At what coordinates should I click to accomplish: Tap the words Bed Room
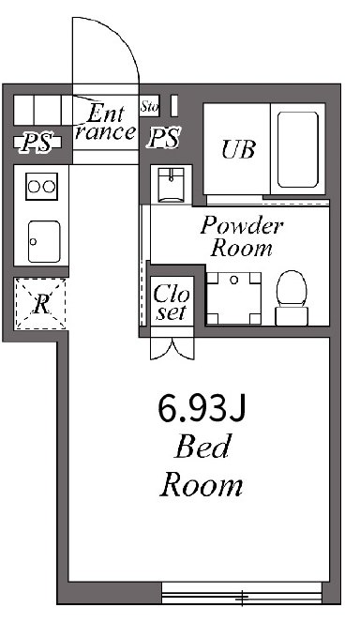click(x=202, y=465)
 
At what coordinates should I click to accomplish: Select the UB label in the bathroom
click(x=238, y=149)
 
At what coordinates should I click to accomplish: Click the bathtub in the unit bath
click(x=298, y=149)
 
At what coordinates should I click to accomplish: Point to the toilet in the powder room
click(x=292, y=297)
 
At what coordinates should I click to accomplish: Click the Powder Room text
click(x=242, y=236)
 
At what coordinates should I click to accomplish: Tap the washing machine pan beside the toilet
click(x=233, y=298)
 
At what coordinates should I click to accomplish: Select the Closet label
click(x=171, y=302)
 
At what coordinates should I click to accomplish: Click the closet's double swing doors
click(x=172, y=348)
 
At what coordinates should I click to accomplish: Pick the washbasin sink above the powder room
click(x=172, y=185)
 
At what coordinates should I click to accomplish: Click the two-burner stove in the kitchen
click(x=41, y=187)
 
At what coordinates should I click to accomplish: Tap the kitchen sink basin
click(x=44, y=242)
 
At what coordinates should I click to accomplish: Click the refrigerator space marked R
click(x=40, y=304)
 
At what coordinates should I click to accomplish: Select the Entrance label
click(x=105, y=122)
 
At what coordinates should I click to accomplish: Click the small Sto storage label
click(x=149, y=106)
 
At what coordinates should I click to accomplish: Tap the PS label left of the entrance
click(x=37, y=143)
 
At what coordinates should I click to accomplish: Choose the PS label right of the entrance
click(x=164, y=138)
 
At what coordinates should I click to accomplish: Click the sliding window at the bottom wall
click(x=242, y=593)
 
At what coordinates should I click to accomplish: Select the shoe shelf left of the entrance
click(x=43, y=110)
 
